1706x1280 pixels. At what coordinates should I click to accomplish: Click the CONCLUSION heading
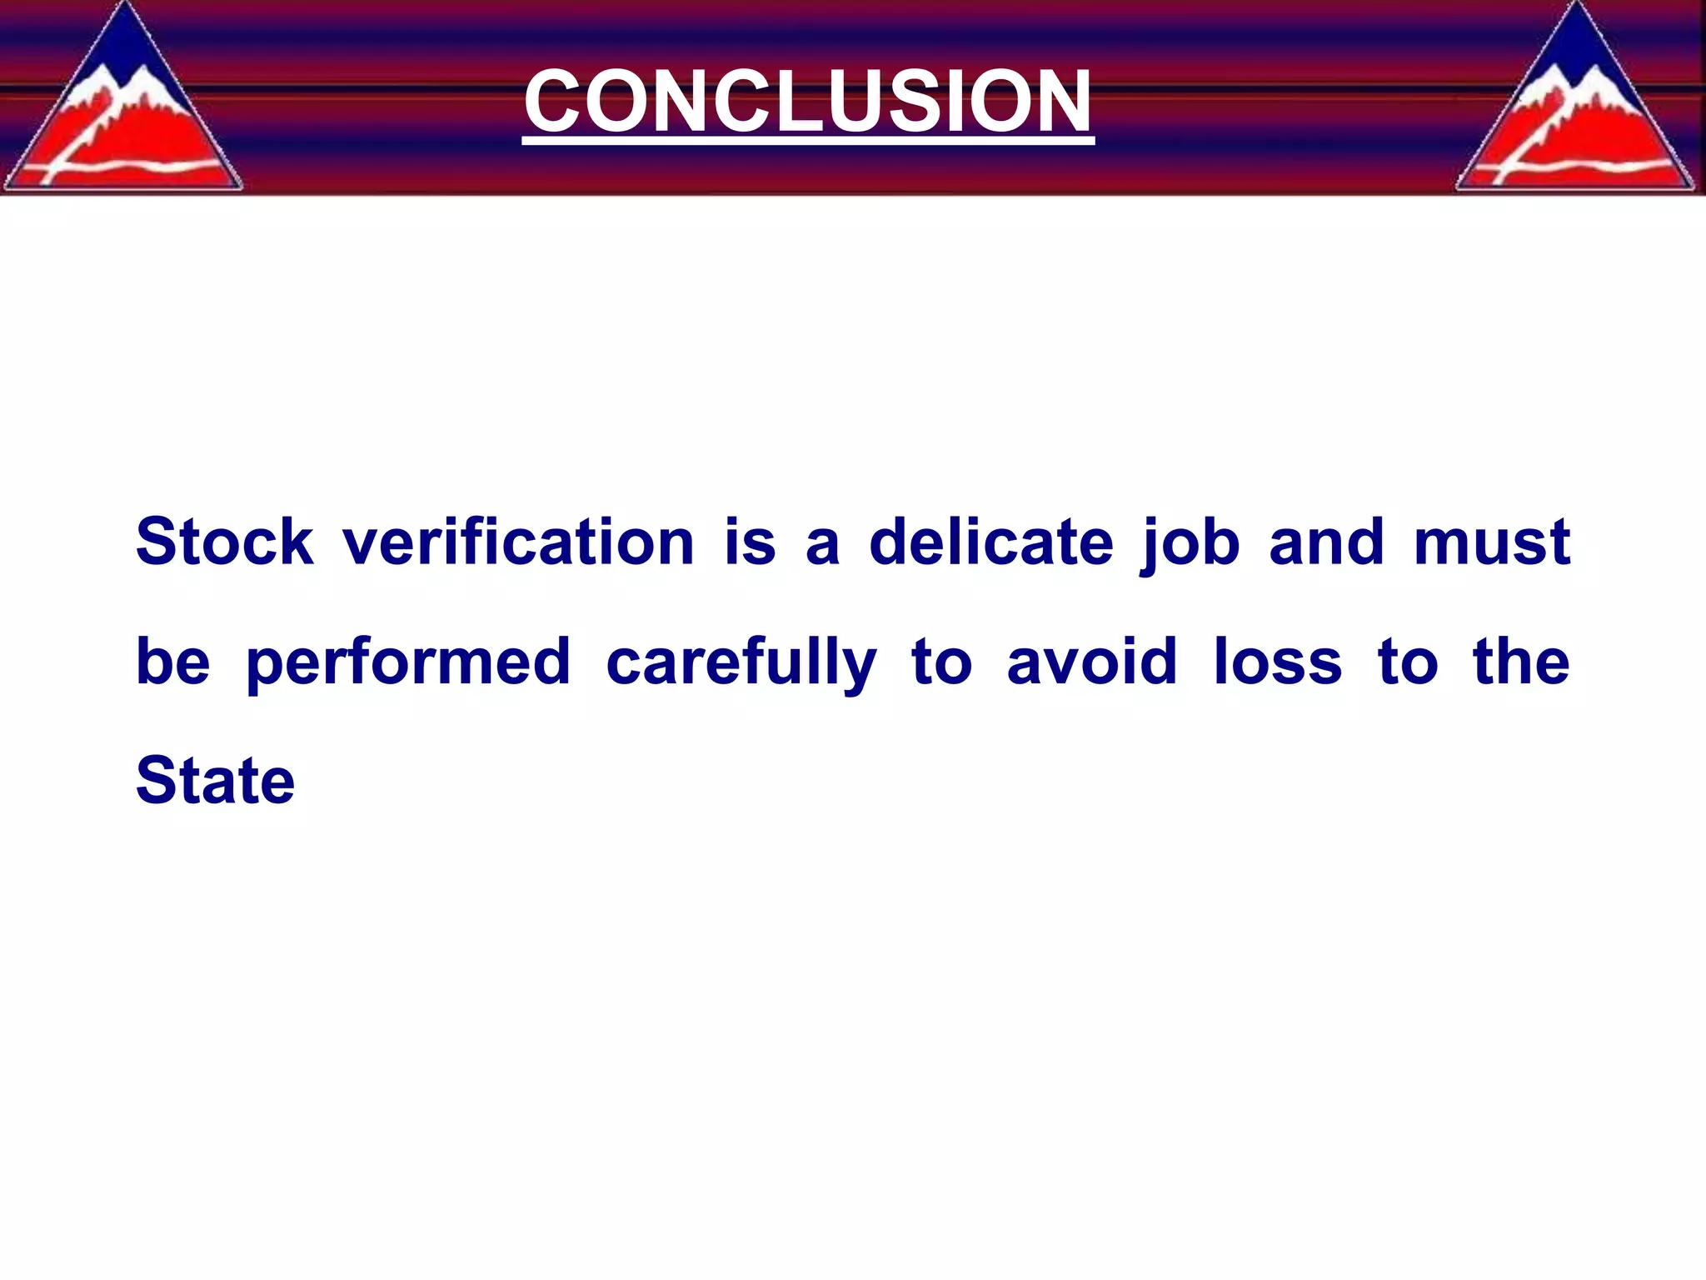click(x=807, y=102)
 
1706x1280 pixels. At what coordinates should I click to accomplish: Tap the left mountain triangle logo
click(x=123, y=117)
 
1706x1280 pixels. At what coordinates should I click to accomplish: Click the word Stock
click(x=224, y=542)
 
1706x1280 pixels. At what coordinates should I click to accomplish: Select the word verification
click(x=518, y=542)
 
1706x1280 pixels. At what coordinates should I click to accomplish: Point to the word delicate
click(x=991, y=542)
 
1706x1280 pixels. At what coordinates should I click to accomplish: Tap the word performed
click(x=409, y=663)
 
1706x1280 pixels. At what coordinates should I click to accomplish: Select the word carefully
click(x=741, y=663)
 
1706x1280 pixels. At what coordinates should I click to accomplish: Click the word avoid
click(x=1092, y=662)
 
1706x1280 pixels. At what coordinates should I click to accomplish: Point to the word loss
click(x=1277, y=662)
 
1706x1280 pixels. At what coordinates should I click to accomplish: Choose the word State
click(x=215, y=781)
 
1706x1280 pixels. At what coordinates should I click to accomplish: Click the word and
click(x=1326, y=542)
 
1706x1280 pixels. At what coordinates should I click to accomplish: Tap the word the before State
click(x=1521, y=662)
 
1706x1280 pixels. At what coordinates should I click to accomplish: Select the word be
click(x=173, y=662)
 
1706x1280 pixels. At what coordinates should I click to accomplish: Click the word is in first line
click(x=750, y=542)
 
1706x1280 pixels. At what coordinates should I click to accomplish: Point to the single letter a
click(x=822, y=546)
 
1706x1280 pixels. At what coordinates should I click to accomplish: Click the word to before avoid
click(x=941, y=663)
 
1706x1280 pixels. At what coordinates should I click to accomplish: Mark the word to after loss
click(x=1407, y=663)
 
